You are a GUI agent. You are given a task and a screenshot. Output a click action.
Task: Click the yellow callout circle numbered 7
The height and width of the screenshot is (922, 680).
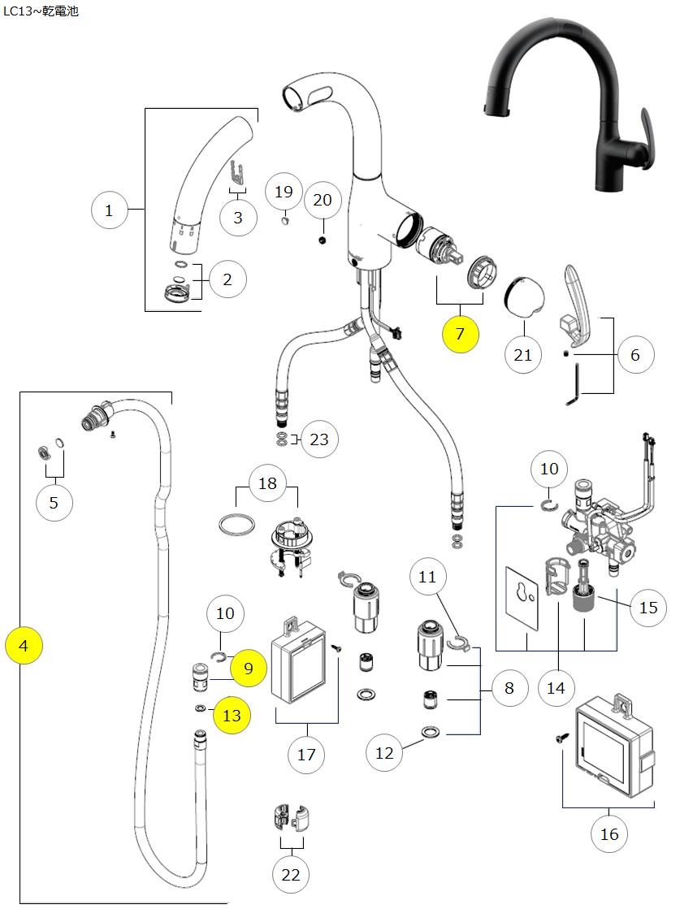[x=461, y=334]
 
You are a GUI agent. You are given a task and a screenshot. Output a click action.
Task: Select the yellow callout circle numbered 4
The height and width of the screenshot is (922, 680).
[x=24, y=646]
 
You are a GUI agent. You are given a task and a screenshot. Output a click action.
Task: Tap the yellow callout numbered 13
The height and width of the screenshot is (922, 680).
[x=232, y=715]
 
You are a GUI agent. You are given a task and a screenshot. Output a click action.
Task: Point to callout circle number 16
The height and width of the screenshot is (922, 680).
[x=609, y=833]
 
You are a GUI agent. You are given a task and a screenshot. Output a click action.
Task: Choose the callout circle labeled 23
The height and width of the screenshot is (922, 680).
[x=319, y=439]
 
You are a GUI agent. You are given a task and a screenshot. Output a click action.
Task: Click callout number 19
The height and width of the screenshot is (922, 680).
[x=284, y=193]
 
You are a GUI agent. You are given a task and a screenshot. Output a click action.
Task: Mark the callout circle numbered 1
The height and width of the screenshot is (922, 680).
[x=110, y=212]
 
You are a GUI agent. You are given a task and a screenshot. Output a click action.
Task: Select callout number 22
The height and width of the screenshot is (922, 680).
[x=291, y=874]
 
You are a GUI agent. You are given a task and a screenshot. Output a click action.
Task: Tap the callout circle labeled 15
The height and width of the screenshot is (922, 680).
[x=648, y=607]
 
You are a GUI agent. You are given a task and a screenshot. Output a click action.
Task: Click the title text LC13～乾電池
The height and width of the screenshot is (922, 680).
[x=41, y=12]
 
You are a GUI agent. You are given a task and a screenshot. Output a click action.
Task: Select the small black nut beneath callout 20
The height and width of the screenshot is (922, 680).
[x=323, y=240]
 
